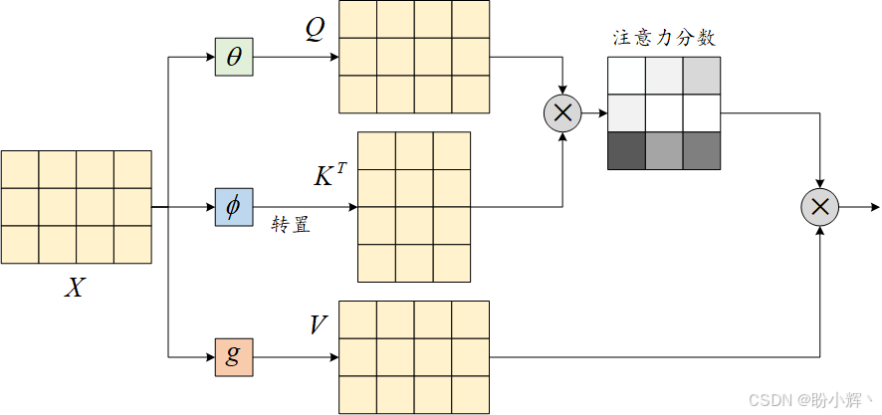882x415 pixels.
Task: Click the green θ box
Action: (234, 57)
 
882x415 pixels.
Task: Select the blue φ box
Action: (234, 207)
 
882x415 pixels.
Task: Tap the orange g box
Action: (234, 356)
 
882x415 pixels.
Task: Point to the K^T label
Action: (330, 176)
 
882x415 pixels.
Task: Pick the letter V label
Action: (319, 325)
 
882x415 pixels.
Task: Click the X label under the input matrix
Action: (75, 289)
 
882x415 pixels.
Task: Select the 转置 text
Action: (291, 225)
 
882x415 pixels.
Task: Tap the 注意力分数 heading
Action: (664, 39)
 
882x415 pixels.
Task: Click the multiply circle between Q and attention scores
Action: (562, 113)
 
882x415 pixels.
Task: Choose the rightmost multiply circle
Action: (819, 207)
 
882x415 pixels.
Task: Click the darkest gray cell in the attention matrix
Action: (626, 150)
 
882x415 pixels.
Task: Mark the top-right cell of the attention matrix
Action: (701, 76)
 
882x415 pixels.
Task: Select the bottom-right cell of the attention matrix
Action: (701, 150)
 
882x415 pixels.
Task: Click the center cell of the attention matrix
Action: (664, 112)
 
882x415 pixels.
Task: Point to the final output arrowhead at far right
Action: (875, 207)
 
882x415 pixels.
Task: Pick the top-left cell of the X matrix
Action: (20, 169)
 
